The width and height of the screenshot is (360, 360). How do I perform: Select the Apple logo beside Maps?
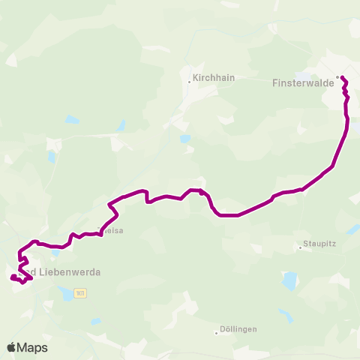pyautogui.click(x=11, y=347)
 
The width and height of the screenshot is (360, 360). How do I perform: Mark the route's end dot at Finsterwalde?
pyautogui.click(x=340, y=77)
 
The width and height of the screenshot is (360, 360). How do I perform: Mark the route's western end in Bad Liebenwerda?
pyautogui.click(x=12, y=277)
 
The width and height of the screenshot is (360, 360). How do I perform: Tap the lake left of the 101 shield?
pyautogui.click(x=67, y=295)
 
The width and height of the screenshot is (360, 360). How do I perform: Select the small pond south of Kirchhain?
pyautogui.click(x=185, y=139)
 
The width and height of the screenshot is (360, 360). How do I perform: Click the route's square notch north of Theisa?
pyautogui.click(x=148, y=198)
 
